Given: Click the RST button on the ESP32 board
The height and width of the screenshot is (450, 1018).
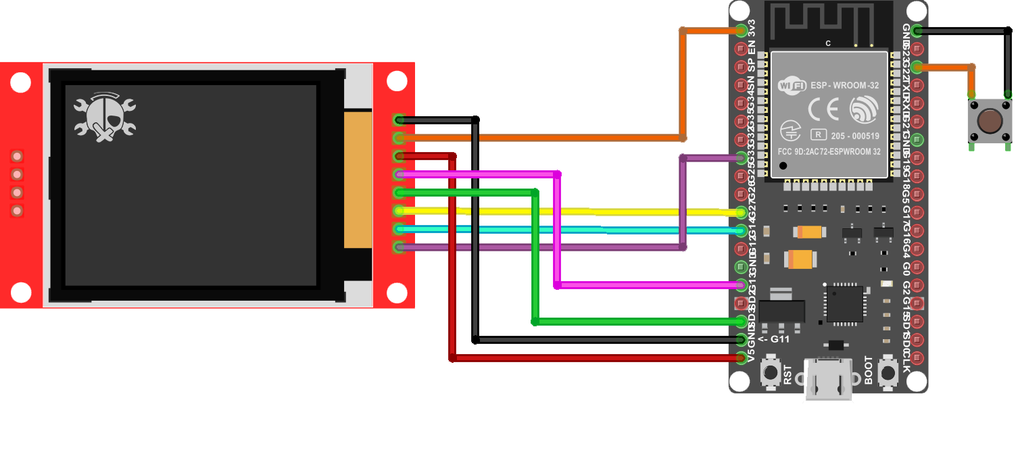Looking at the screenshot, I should [770, 372].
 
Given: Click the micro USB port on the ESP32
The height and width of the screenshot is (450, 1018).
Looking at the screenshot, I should [828, 381].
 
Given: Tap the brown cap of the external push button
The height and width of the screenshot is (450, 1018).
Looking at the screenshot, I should [990, 121].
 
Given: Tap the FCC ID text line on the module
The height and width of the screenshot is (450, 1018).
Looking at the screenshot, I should [829, 151].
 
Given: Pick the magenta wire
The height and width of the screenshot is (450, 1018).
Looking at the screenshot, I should [558, 230].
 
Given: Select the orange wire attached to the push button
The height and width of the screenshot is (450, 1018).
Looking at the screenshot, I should [946, 67].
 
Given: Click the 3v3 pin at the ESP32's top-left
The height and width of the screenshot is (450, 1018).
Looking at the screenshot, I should [742, 30].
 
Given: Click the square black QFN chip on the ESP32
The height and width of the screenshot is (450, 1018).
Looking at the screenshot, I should [845, 303].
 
